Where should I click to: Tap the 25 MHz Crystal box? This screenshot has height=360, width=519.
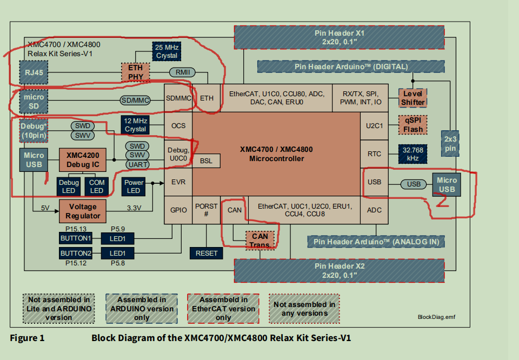tap(167, 51)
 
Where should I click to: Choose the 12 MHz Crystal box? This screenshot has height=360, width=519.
tap(135, 125)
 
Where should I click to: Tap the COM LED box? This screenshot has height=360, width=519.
tap(97, 186)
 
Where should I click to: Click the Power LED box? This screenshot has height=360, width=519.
tap(134, 186)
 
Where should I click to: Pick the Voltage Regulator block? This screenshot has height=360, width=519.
tap(83, 211)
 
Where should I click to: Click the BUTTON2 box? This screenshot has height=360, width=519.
tap(76, 254)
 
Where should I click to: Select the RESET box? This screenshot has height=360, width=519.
tap(207, 253)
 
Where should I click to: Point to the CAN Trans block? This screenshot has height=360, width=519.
tap(259, 240)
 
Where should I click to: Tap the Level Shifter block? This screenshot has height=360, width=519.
tap(412, 98)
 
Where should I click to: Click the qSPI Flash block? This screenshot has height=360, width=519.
tap(412, 125)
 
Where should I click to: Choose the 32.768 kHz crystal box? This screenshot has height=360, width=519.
tap(412, 154)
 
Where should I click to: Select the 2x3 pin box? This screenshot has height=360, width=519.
tap(450, 143)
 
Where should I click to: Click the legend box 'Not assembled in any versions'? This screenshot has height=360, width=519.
tap(304, 309)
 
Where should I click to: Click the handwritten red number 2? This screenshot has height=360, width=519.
tap(442, 202)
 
